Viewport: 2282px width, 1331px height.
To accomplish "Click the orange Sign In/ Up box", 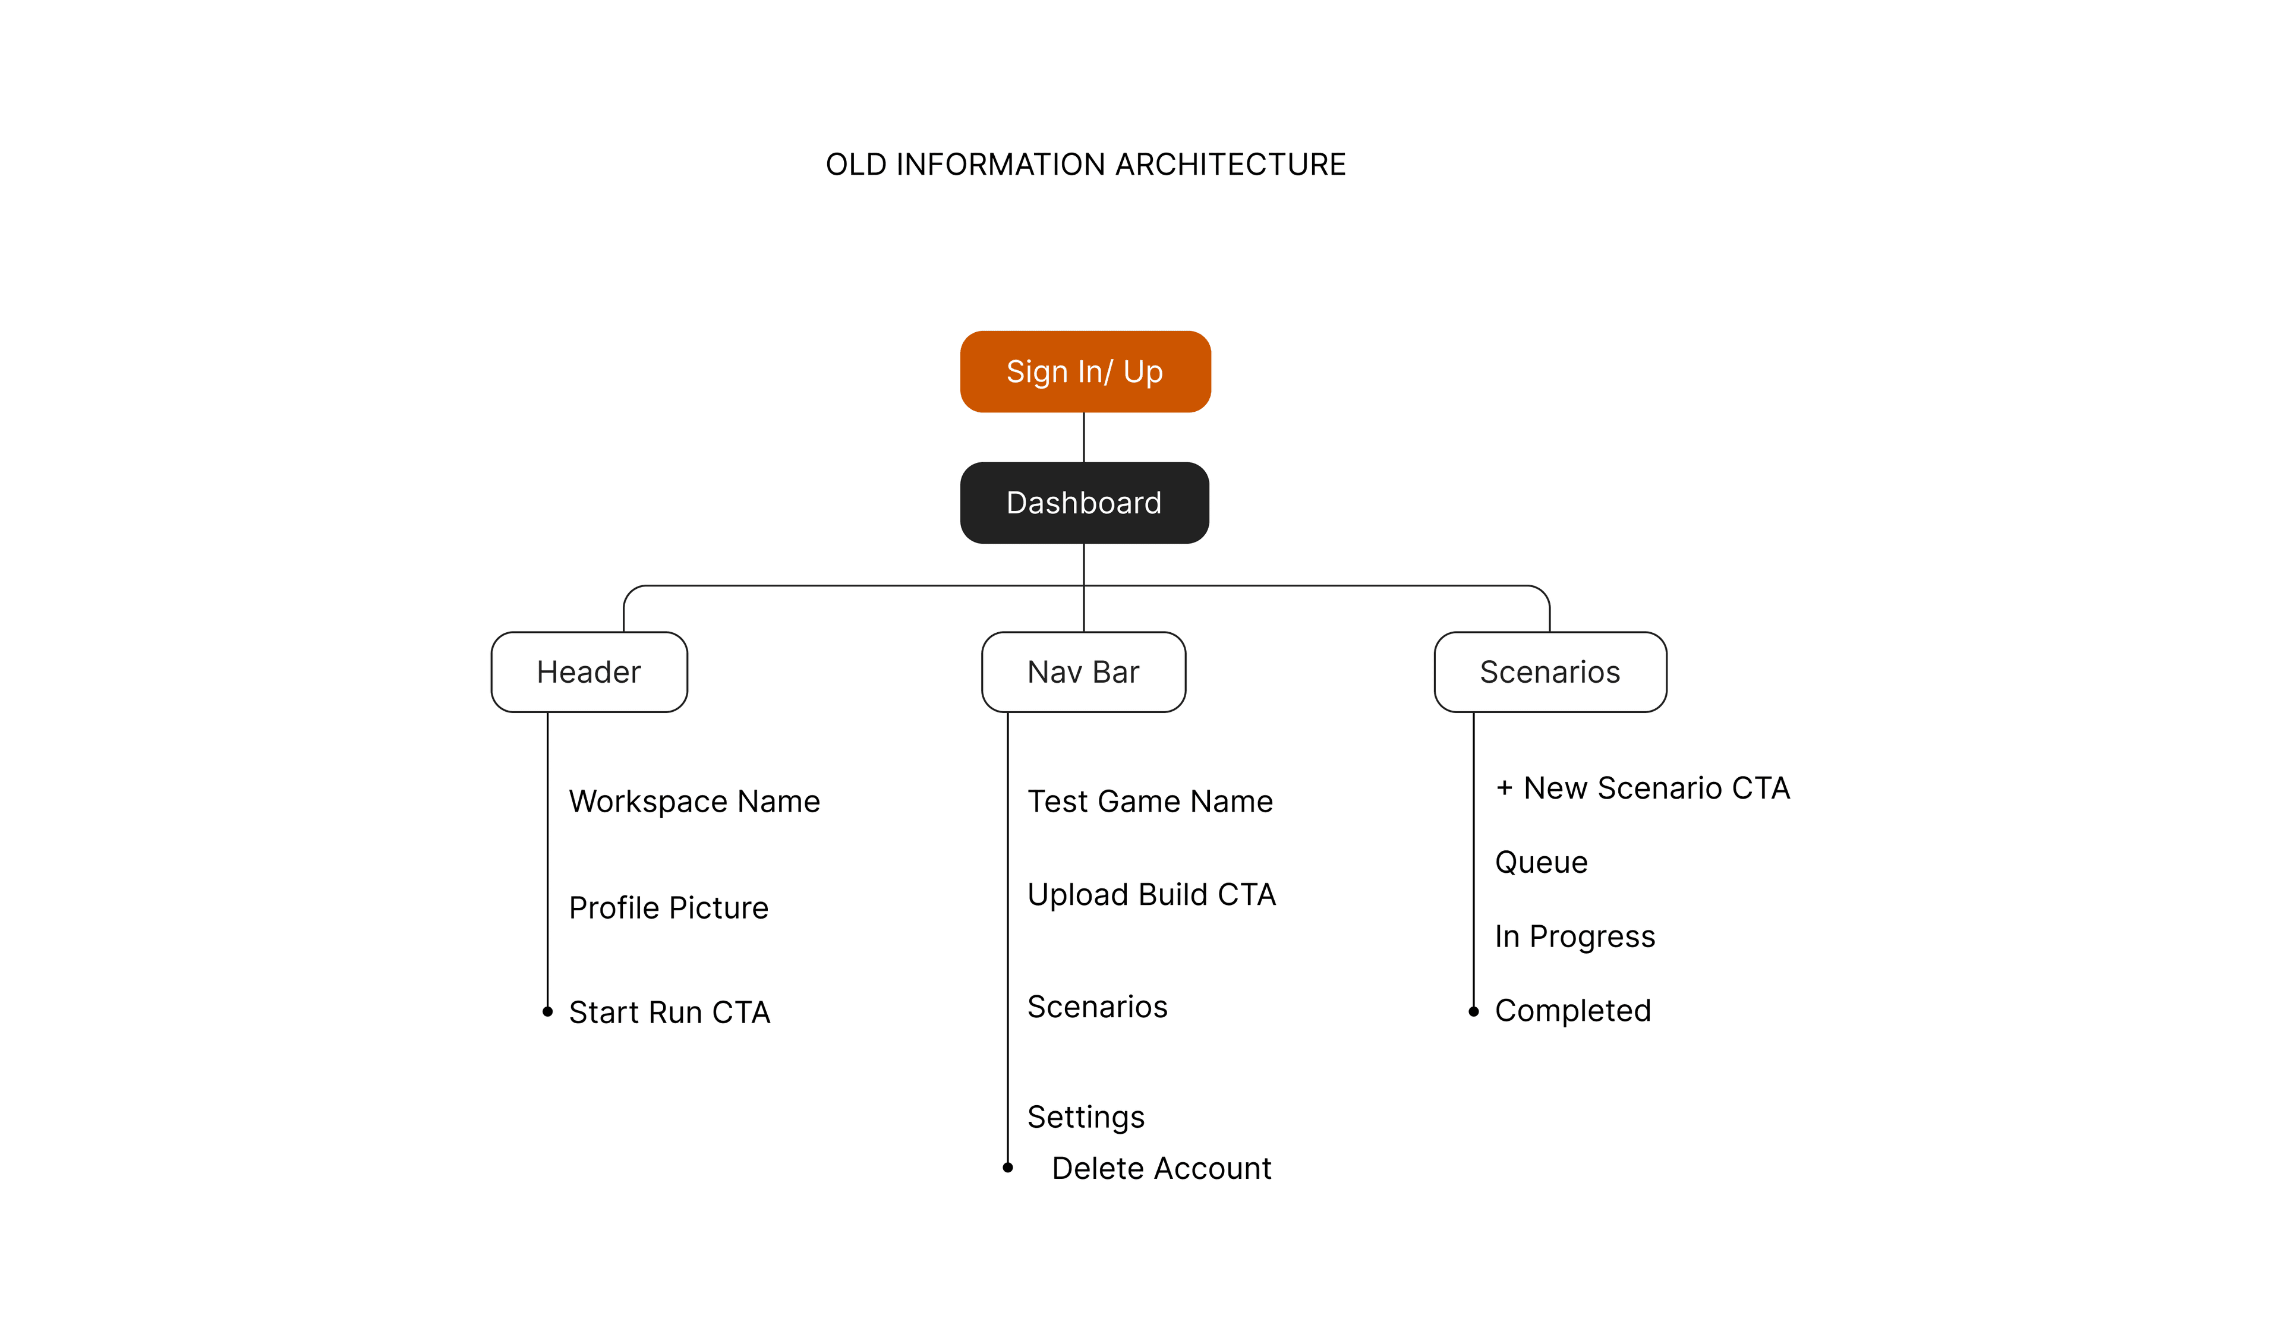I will pos(1085,372).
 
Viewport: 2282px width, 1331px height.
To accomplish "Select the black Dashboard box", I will pos(1084,503).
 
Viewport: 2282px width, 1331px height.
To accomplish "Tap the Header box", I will pos(588,672).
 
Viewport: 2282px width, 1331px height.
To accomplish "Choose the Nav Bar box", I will pos(1083,672).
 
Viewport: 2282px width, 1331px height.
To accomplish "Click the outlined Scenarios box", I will pos(1549,672).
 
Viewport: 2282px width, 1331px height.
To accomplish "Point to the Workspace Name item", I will pos(694,802).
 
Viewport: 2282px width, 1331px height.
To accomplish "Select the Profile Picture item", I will pos(669,908).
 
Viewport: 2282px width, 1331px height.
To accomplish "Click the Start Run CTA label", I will pos(669,1013).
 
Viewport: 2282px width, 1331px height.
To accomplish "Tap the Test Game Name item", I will pos(1150,802).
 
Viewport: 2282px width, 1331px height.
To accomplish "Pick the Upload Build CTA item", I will pos(1151,895).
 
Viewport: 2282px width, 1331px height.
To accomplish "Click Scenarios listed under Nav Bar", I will pos(1096,1007).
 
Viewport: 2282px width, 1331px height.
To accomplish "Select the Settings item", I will pos(1086,1117).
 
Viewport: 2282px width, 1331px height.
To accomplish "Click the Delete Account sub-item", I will pos(1161,1169).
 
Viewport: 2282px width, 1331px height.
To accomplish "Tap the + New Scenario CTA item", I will pos(1643,788).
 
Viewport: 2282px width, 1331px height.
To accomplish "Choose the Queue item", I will pos(1540,862).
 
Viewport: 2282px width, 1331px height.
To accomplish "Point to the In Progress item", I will pos(1574,936).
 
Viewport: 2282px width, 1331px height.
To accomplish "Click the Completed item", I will pos(1572,1011).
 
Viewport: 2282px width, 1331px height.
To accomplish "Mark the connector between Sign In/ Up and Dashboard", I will pos(1084,437).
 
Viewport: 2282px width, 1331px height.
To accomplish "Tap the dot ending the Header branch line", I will pos(547,1011).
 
